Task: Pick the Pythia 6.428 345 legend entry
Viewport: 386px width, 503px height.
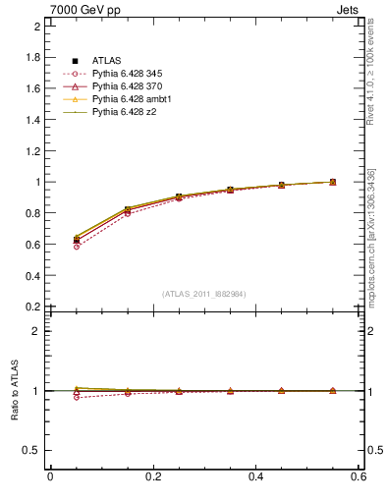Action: click(128, 75)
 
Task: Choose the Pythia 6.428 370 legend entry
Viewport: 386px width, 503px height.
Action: click(128, 87)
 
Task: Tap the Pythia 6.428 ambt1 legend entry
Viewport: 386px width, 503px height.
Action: click(131, 100)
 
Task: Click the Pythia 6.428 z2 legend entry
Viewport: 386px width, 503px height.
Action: click(124, 113)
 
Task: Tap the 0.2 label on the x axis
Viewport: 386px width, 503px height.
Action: click(153, 476)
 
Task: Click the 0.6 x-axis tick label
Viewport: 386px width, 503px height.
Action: click(358, 476)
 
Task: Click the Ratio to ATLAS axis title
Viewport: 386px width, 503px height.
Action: click(15, 391)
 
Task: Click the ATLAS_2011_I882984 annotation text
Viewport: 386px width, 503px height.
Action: click(204, 294)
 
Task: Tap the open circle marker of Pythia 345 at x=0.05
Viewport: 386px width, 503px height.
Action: click(77, 247)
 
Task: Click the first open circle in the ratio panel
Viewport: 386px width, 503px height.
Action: click(77, 397)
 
